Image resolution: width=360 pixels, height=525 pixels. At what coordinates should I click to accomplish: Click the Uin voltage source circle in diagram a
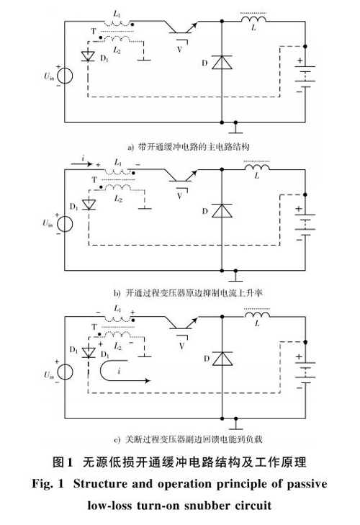(x=65, y=76)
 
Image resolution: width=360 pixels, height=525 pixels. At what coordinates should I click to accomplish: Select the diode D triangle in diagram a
(x=222, y=62)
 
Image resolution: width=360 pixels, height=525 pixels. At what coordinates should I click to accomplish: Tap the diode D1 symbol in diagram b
(x=89, y=205)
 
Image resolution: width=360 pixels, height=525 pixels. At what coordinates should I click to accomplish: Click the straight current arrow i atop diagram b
(x=82, y=163)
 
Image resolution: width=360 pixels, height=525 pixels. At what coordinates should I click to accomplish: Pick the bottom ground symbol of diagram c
(x=235, y=424)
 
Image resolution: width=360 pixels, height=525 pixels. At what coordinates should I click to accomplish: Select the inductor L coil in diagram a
(x=253, y=19)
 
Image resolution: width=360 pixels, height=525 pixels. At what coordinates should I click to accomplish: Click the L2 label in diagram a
(x=117, y=50)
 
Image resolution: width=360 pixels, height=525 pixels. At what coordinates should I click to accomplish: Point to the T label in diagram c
(x=94, y=327)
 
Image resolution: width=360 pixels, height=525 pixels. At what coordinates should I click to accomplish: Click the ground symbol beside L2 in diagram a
(x=144, y=58)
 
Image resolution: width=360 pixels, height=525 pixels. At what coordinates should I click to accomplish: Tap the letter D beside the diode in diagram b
(x=205, y=211)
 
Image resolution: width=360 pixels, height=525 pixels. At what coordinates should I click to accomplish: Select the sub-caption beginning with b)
(x=188, y=293)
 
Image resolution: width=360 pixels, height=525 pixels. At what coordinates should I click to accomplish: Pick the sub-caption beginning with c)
(x=188, y=439)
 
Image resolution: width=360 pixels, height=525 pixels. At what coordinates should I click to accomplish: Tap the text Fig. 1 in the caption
(x=48, y=484)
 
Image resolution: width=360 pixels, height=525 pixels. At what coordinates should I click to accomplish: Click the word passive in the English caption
(x=307, y=484)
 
